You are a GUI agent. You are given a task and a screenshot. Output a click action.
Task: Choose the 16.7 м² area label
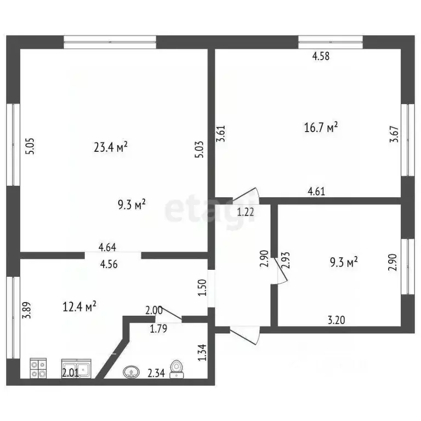pyautogui.click(x=321, y=128)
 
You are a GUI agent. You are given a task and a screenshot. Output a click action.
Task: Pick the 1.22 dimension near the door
pyautogui.click(x=246, y=212)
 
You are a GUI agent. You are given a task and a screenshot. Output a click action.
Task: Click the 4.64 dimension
pyautogui.click(x=107, y=247)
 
